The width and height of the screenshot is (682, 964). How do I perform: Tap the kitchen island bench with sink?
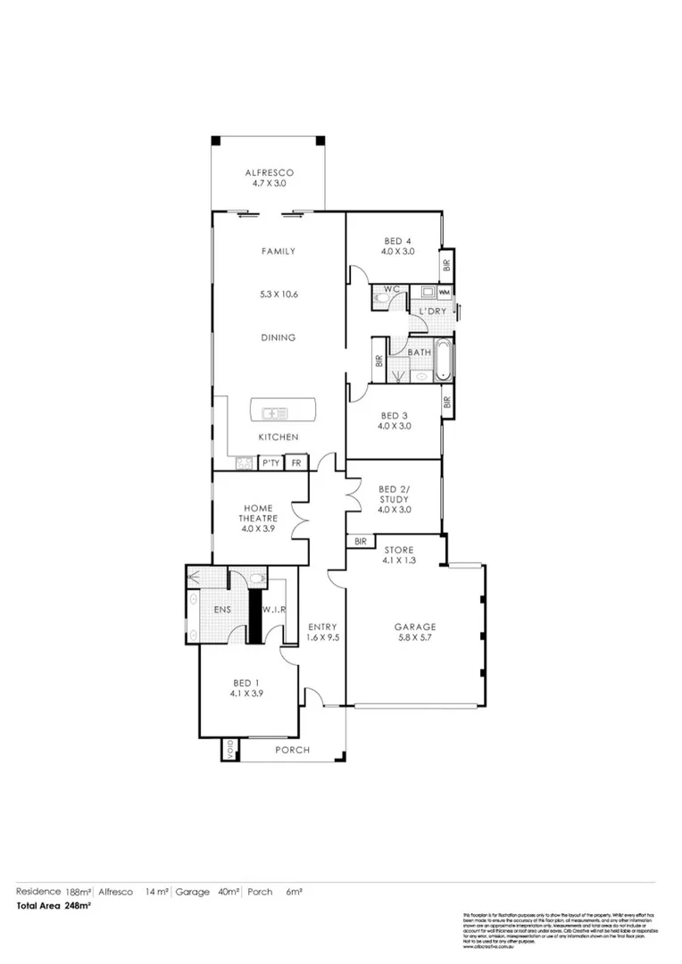coord(279,411)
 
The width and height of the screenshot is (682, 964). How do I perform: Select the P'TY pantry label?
coord(270,462)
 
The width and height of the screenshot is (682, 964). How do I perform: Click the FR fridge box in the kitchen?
coord(297,462)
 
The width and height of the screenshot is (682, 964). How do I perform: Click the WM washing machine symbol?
coord(445,292)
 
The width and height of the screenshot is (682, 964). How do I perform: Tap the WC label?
coord(391,289)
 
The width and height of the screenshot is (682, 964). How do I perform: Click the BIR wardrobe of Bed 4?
coord(446,264)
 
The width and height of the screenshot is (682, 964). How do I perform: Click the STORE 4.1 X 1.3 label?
coord(398,554)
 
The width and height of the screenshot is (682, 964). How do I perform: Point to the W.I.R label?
coord(273,611)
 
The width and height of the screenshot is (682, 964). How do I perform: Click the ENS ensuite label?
coord(223,611)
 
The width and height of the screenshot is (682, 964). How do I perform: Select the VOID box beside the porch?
coord(228,750)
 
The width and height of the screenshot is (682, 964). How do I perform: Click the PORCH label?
coord(292,750)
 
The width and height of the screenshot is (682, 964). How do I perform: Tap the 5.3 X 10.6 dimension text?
coord(279,294)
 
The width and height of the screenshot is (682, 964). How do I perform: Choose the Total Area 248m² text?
coord(54,905)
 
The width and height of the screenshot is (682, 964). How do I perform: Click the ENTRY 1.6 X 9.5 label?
coord(321,631)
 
